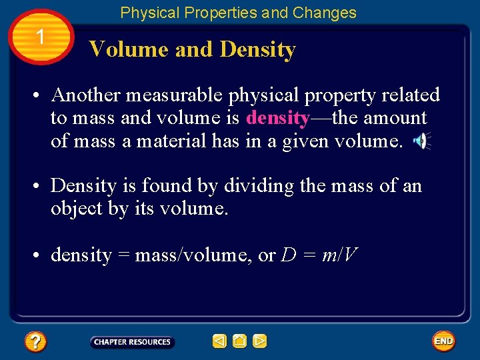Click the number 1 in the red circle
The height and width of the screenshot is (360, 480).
(41, 37)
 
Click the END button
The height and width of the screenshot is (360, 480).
(443, 341)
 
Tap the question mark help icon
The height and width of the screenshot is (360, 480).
(35, 342)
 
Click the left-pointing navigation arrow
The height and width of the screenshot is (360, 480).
(219, 341)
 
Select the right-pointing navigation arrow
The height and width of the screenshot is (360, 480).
(260, 341)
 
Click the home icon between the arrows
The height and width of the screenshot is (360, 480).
(240, 341)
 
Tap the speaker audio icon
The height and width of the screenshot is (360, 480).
(421, 141)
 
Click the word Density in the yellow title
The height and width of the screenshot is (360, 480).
(257, 49)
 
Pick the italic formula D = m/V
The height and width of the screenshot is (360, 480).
(320, 255)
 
